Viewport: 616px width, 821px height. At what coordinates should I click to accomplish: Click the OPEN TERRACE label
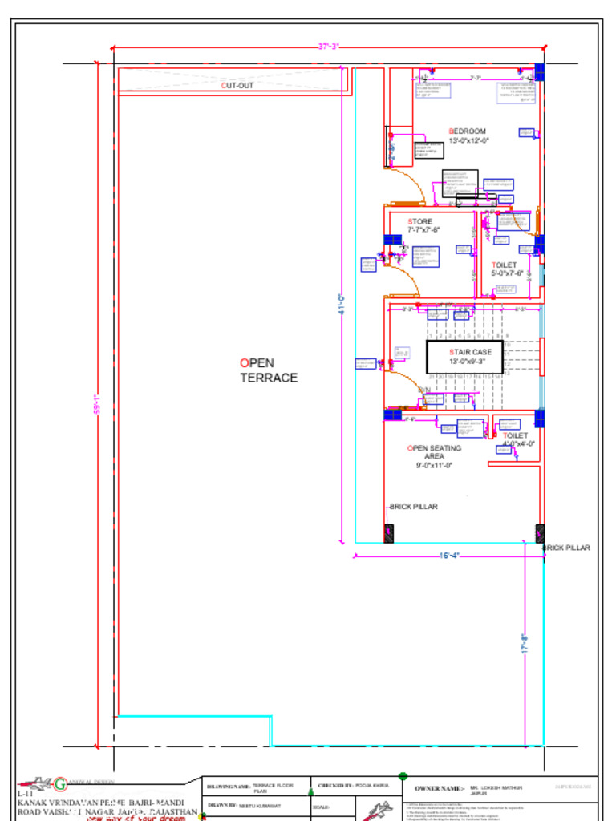pyautogui.click(x=269, y=370)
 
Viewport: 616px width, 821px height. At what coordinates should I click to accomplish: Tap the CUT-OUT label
pyautogui.click(x=237, y=85)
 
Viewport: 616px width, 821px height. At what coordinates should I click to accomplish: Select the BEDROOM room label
pyautogui.click(x=468, y=135)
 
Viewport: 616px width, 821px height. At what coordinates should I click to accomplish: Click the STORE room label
pyautogui.click(x=421, y=225)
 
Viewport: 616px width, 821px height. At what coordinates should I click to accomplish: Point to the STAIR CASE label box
pyautogui.click(x=464, y=356)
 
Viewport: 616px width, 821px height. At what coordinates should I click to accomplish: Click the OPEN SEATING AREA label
pyautogui.click(x=434, y=456)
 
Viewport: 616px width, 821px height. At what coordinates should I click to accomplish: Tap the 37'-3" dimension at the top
pyautogui.click(x=329, y=47)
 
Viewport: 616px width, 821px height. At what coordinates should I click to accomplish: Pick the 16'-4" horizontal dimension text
pyautogui.click(x=449, y=556)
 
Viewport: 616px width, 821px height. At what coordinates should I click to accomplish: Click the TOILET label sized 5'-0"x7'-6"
pyautogui.click(x=506, y=269)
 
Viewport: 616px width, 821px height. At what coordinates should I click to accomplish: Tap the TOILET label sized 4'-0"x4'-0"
pyautogui.click(x=517, y=439)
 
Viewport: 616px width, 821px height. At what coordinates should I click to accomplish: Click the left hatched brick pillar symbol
pyautogui.click(x=389, y=533)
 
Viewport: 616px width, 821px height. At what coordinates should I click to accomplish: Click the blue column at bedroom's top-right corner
pyautogui.click(x=540, y=72)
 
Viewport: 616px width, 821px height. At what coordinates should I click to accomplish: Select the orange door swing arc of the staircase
pyautogui.click(x=407, y=384)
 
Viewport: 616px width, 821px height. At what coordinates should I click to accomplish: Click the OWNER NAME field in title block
pyautogui.click(x=440, y=789)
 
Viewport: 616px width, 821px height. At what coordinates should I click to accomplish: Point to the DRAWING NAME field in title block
pyautogui.click(x=229, y=787)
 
